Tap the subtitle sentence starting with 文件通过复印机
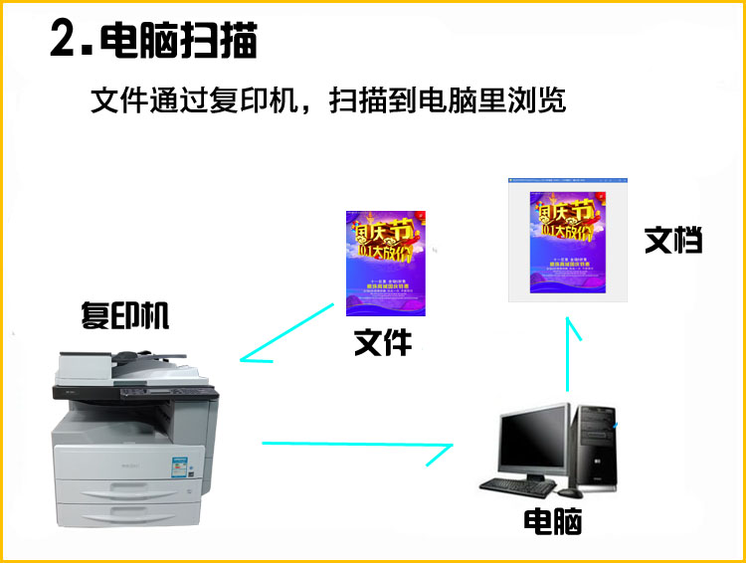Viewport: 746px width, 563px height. (x=327, y=101)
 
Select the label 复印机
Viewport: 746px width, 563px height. (x=125, y=315)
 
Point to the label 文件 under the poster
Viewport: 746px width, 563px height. (x=383, y=342)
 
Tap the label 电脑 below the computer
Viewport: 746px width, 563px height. (x=552, y=521)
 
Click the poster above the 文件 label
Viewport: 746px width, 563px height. (x=385, y=264)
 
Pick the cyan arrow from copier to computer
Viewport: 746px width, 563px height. (x=358, y=447)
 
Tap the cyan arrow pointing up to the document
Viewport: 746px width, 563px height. (x=569, y=353)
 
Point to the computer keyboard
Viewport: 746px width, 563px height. (x=516, y=484)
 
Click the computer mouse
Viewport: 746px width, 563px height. (x=569, y=490)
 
